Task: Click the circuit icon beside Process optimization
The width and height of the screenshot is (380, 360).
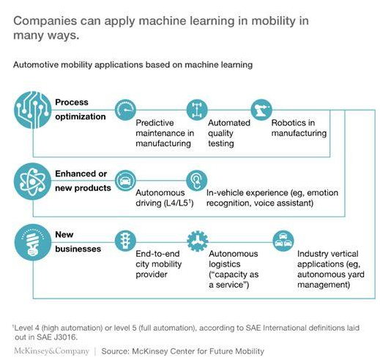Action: click(x=33, y=110)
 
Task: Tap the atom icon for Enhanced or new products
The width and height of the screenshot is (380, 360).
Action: click(x=33, y=181)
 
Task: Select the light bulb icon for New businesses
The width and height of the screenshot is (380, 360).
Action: click(x=33, y=242)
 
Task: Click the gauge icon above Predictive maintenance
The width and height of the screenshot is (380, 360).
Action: click(x=125, y=110)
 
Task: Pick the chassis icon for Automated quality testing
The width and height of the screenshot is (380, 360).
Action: click(x=197, y=110)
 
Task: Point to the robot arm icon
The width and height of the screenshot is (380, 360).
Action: click(x=261, y=110)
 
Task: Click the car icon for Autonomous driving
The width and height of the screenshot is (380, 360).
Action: click(x=125, y=181)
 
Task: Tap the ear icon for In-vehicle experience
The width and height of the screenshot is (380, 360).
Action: click(x=197, y=181)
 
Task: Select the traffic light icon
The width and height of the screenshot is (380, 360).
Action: click(x=125, y=241)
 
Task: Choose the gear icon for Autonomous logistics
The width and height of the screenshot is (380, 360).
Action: click(x=198, y=241)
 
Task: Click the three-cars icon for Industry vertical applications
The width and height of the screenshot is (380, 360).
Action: click(x=283, y=241)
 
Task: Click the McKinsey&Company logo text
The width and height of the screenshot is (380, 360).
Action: click(x=51, y=351)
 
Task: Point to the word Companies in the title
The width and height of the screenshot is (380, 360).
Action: click(x=45, y=21)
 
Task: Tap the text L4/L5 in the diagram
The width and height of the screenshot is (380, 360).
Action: click(x=178, y=203)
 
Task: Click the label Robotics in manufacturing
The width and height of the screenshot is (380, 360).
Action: click(x=299, y=128)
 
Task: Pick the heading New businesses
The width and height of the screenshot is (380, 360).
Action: click(x=78, y=241)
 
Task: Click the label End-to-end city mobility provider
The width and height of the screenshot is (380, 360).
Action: click(x=159, y=264)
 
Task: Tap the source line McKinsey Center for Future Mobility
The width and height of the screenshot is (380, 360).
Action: click(x=198, y=351)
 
